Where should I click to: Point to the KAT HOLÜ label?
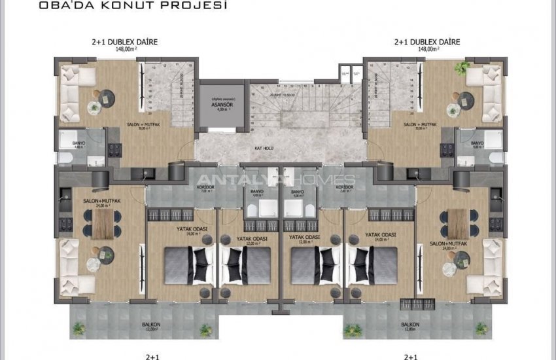[x=264, y=149]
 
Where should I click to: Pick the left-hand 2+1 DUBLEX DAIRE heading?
[x=125, y=42]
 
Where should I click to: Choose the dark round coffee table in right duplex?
[x=465, y=99]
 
